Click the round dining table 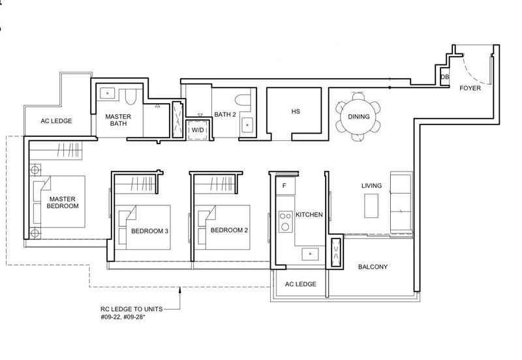pyautogui.click(x=358, y=117)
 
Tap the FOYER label pyautogui.click(x=470, y=88)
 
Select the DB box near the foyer pyautogui.click(x=445, y=77)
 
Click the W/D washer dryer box pyautogui.click(x=198, y=130)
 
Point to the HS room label pyautogui.click(x=296, y=112)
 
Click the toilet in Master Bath pyautogui.click(x=130, y=96)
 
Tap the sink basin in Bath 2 pyautogui.click(x=247, y=125)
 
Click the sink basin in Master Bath pyautogui.click(x=108, y=93)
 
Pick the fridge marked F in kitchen pyautogui.click(x=285, y=186)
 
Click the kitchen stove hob pyautogui.click(x=285, y=222)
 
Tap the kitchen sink pyautogui.click(x=310, y=254)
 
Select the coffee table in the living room pyautogui.click(x=371, y=205)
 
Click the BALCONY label pyautogui.click(x=373, y=267)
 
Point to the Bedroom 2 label pyautogui.click(x=229, y=230)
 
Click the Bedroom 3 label pyautogui.click(x=149, y=231)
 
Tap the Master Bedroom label pyautogui.click(x=63, y=202)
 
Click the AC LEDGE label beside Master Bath pyautogui.click(x=56, y=121)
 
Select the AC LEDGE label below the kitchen pyautogui.click(x=301, y=284)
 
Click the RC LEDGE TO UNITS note pyautogui.click(x=132, y=313)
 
